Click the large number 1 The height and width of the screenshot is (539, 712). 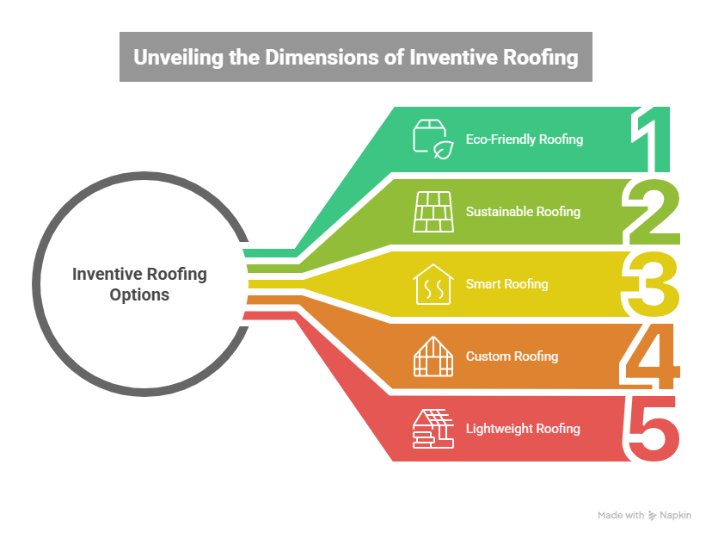point(656,139)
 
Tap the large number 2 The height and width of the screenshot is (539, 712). point(654,212)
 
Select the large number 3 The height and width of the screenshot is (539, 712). point(654,284)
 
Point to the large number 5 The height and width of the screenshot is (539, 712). point(654,428)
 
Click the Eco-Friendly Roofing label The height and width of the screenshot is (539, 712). point(525,139)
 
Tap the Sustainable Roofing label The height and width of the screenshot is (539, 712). point(523,212)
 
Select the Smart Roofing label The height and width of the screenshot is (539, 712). point(506,284)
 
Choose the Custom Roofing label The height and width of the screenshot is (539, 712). point(512,356)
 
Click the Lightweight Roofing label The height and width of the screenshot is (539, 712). point(523,429)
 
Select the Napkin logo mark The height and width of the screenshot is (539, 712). point(653,516)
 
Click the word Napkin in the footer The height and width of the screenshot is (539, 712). point(674,516)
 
